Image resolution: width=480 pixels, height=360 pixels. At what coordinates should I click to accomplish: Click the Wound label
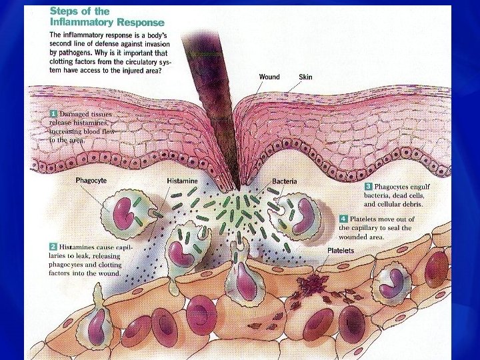[269, 77]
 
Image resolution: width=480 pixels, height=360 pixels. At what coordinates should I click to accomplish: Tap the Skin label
[305, 77]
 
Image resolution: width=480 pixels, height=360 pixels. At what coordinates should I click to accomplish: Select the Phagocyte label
[91, 180]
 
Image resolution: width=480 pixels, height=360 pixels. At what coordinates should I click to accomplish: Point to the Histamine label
[182, 181]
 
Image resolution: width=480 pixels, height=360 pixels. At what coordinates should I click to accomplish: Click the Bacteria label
[285, 181]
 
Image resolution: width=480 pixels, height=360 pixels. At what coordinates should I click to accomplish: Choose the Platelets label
[341, 250]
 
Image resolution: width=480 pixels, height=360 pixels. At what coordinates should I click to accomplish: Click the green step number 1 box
[53, 115]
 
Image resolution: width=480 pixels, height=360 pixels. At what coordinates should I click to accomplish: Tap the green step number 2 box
[53, 247]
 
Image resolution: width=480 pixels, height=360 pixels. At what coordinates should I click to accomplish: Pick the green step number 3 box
[368, 186]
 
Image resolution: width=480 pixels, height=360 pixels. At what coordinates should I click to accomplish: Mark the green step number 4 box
[343, 219]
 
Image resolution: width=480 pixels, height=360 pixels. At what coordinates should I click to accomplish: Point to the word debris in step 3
[411, 204]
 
